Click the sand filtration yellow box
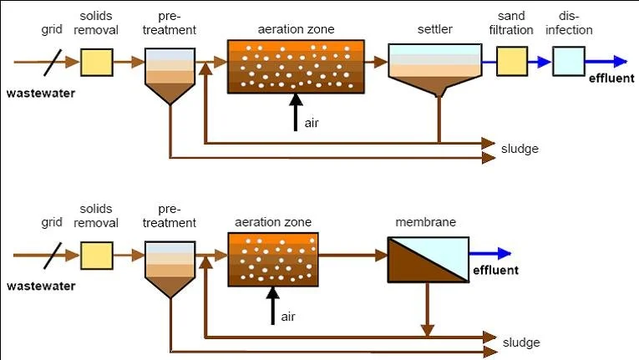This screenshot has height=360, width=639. (x=512, y=61)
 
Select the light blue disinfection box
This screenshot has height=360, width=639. (x=569, y=61)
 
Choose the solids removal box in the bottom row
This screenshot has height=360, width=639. (x=97, y=255)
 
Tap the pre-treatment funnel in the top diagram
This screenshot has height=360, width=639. (x=170, y=74)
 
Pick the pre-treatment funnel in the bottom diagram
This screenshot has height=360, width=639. (x=170, y=267)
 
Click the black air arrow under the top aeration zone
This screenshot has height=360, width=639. (x=295, y=113)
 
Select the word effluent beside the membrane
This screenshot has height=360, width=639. (x=495, y=270)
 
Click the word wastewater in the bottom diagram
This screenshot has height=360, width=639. (x=40, y=286)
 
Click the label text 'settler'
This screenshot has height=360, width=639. (x=434, y=30)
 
